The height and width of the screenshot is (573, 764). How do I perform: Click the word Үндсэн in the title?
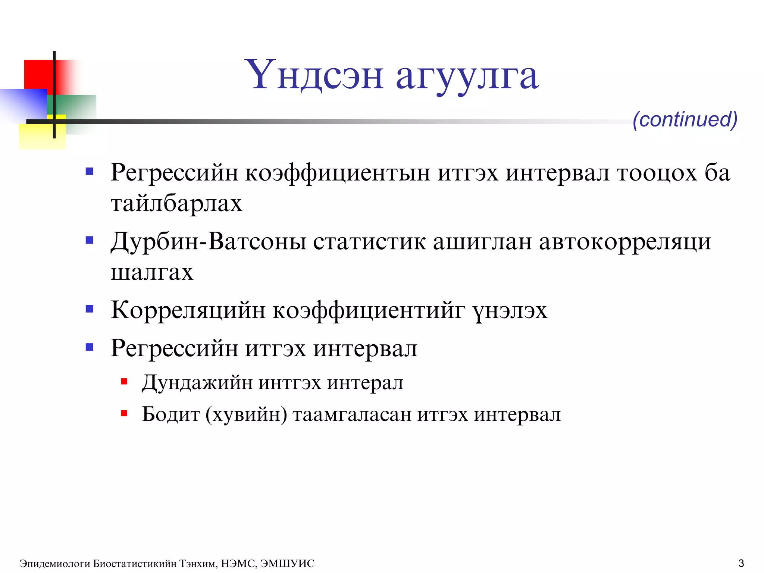[x=314, y=76]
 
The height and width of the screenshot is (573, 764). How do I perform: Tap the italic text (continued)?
[x=685, y=119]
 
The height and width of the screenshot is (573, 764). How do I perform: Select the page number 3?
[x=741, y=563]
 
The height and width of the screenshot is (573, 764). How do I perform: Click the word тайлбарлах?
[x=176, y=204]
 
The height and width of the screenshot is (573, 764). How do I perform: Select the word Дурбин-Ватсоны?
[x=208, y=242]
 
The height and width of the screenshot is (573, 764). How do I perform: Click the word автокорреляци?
[x=625, y=242]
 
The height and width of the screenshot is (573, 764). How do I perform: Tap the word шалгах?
[x=152, y=272]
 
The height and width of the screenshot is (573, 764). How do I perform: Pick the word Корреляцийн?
[x=188, y=310]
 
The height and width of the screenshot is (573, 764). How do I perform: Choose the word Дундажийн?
[x=197, y=383]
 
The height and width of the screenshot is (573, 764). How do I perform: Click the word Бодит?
[x=171, y=414]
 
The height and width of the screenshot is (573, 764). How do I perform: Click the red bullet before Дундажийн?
[x=124, y=382]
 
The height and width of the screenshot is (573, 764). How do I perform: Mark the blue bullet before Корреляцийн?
[x=90, y=309]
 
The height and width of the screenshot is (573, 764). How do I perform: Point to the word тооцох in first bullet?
[x=657, y=173]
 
